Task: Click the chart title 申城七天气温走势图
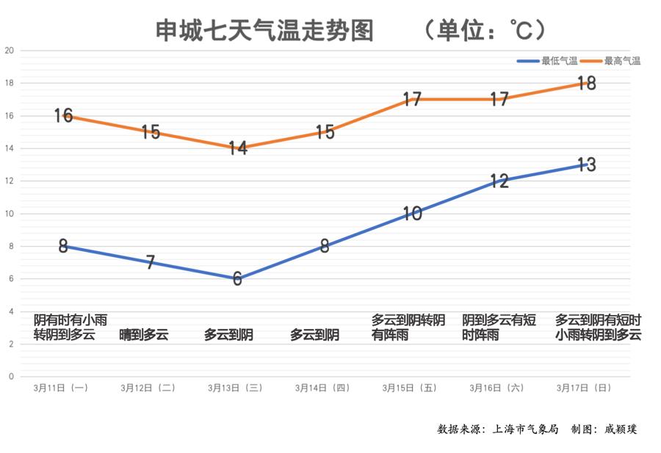click(x=265, y=30)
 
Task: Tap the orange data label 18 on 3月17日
click(x=585, y=83)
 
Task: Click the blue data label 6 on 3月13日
click(x=237, y=279)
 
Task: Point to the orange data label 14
click(x=237, y=148)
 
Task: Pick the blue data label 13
click(x=585, y=164)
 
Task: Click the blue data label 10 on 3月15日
click(x=412, y=214)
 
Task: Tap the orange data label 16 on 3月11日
click(x=63, y=115)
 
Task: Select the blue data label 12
click(x=499, y=181)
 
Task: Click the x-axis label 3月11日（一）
click(x=61, y=388)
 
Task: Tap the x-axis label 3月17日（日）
click(x=583, y=388)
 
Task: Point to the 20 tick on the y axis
click(x=9, y=51)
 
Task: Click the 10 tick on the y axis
click(x=9, y=214)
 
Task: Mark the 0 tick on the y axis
click(x=10, y=377)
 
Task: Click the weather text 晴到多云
click(x=144, y=336)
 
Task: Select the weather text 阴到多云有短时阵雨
click(x=499, y=327)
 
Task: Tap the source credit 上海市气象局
click(x=526, y=429)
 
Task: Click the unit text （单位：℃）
click(x=485, y=30)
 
